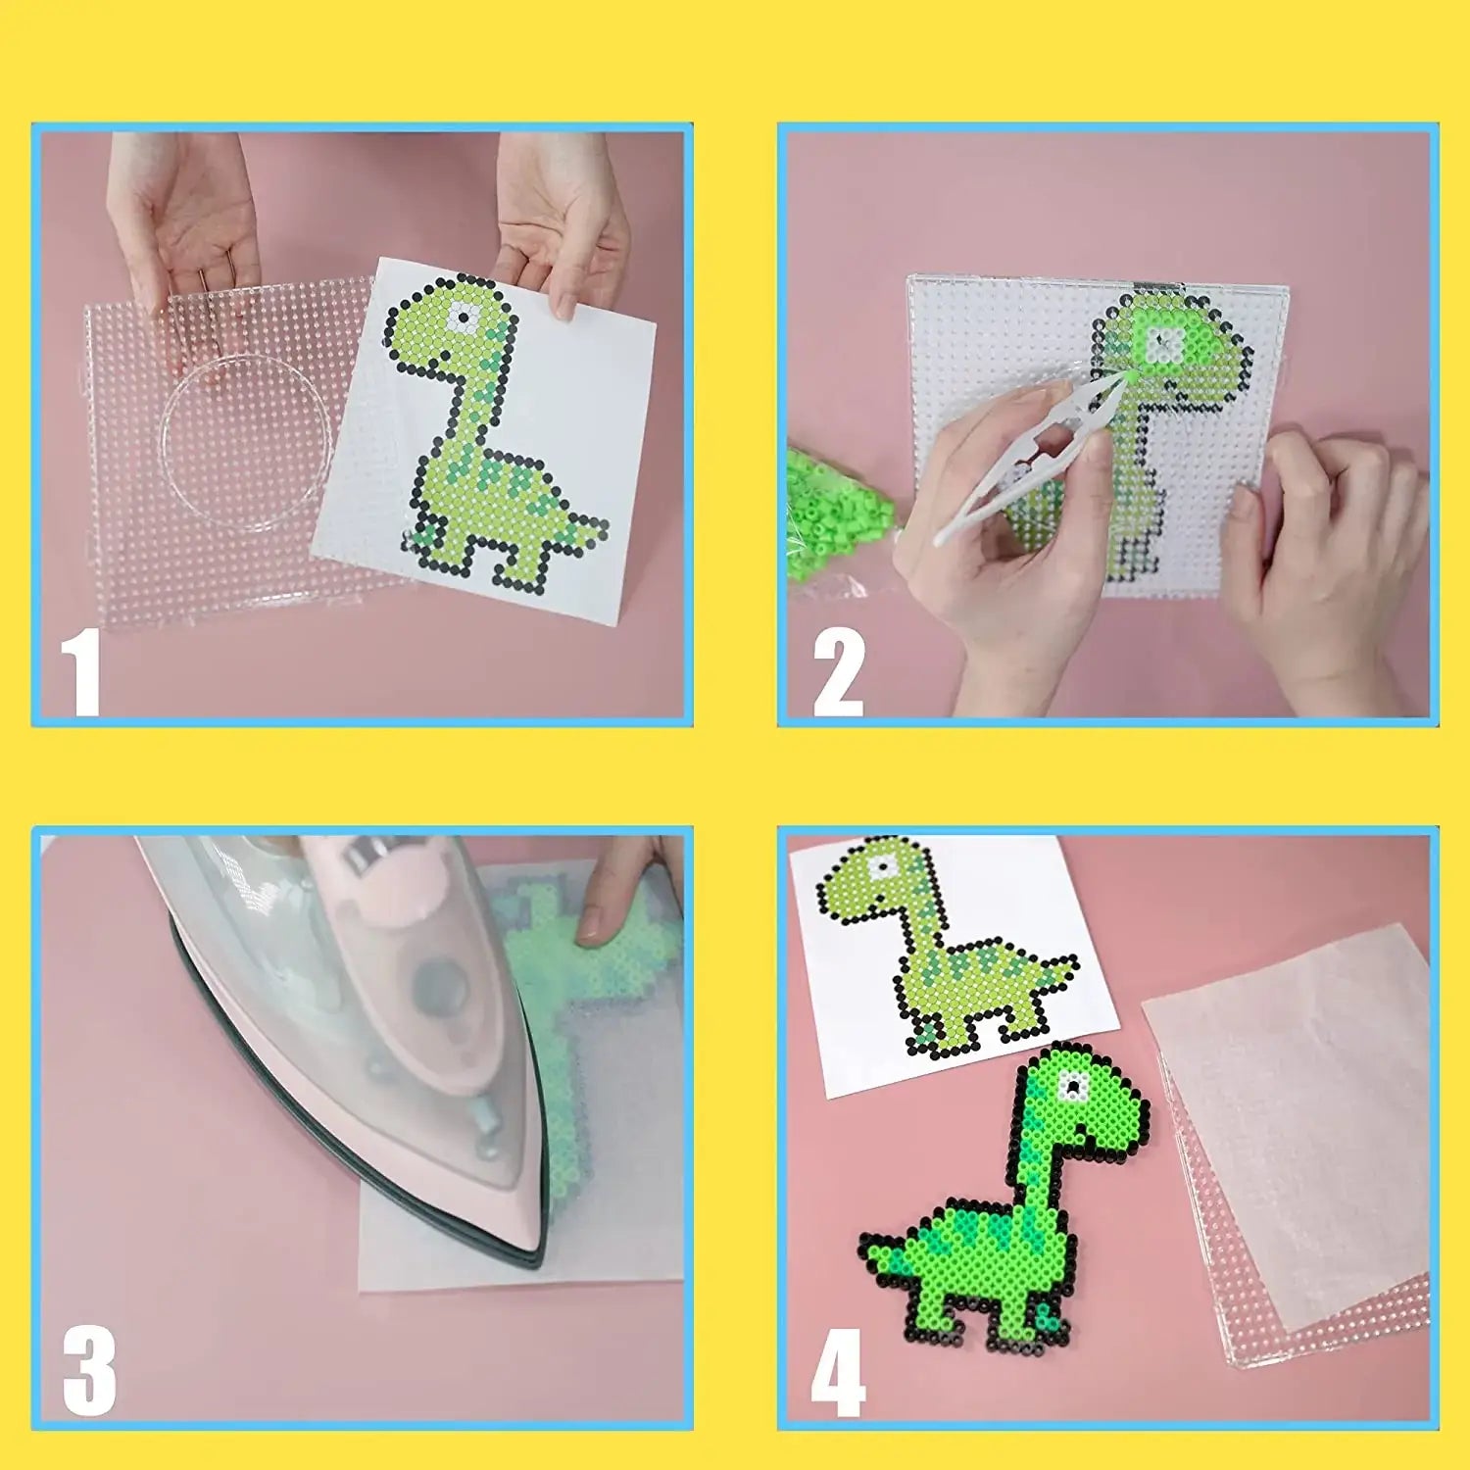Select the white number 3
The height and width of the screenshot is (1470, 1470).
point(88,1372)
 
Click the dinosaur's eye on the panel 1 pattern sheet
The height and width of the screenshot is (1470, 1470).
point(461,318)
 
